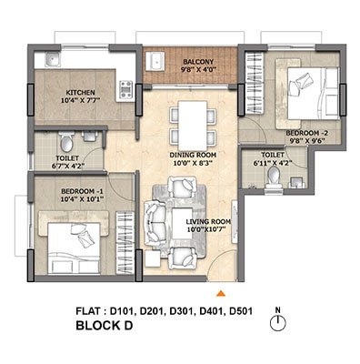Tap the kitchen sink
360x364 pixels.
click(x=54, y=59)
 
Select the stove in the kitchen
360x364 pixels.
click(x=126, y=90)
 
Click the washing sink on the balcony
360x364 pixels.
click(x=155, y=61)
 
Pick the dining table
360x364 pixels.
click(x=193, y=124)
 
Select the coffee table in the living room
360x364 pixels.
click(x=183, y=224)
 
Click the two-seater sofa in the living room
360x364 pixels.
click(x=155, y=223)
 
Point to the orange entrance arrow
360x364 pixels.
click(x=221, y=293)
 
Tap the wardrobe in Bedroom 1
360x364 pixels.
click(x=125, y=242)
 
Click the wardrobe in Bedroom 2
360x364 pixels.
click(x=254, y=84)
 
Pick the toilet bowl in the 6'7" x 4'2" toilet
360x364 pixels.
click(x=66, y=141)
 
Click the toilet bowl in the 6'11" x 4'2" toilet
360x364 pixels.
click(x=274, y=176)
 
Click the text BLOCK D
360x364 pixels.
click(x=105, y=326)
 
